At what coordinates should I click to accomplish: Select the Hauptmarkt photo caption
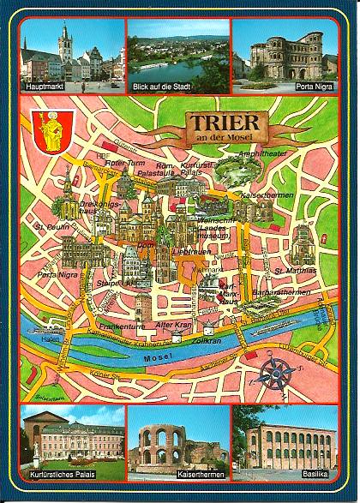click(x=45, y=86)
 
